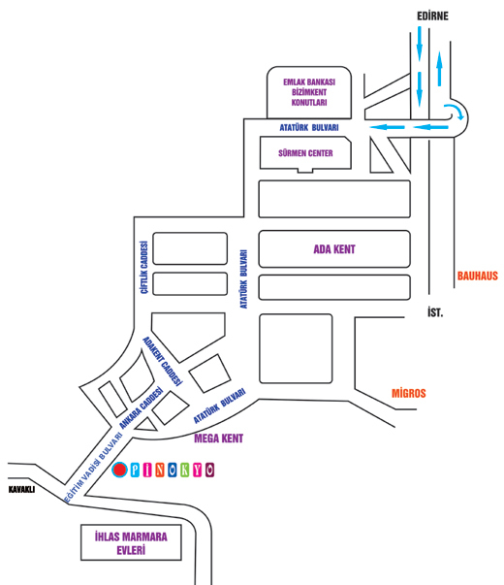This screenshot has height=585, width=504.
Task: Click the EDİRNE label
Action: tap(432, 16)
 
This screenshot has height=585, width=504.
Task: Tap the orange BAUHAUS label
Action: tap(478, 276)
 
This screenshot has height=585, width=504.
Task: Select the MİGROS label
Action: tap(409, 393)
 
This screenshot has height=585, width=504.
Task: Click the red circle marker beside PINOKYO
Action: tap(119, 470)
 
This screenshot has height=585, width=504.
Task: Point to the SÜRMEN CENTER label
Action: tap(305, 153)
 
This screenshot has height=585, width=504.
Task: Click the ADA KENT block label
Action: tap(334, 249)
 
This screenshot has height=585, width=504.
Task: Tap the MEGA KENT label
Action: tap(219, 439)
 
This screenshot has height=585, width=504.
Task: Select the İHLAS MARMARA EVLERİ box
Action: tap(131, 543)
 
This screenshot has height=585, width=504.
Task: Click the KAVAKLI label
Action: tap(21, 490)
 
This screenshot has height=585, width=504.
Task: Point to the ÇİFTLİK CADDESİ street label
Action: tap(144, 268)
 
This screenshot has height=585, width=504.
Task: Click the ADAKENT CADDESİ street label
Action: tap(163, 361)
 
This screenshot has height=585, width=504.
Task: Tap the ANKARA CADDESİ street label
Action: tap(142, 407)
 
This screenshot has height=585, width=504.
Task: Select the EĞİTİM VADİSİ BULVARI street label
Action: tap(93, 468)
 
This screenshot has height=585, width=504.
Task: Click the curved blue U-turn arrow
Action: tap(456, 111)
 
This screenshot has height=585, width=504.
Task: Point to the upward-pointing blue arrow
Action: tap(439, 69)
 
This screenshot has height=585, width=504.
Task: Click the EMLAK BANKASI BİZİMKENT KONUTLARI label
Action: tap(309, 92)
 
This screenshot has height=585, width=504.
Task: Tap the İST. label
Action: tap(435, 311)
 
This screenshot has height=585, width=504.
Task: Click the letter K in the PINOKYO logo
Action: tap(184, 471)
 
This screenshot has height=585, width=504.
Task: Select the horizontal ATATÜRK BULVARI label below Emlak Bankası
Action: tap(309, 128)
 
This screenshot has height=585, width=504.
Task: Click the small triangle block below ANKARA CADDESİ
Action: tap(145, 425)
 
